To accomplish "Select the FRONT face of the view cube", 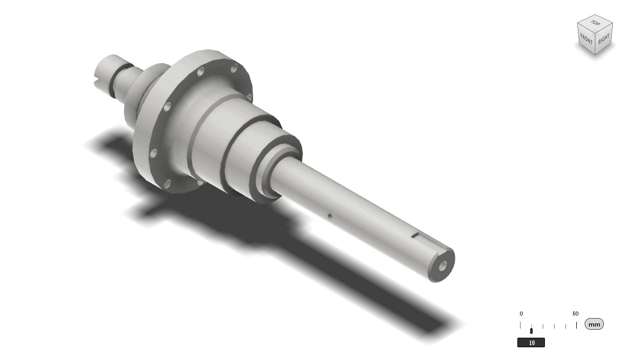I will (586, 39).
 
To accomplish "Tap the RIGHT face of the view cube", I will (604, 40).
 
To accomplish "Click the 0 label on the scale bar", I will (521, 313).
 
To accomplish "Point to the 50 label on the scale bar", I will (576, 313).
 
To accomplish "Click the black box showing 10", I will (531, 342).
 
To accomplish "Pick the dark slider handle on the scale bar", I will (531, 330).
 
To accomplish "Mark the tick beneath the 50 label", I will (576, 325).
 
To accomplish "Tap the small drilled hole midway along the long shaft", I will (330, 216).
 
